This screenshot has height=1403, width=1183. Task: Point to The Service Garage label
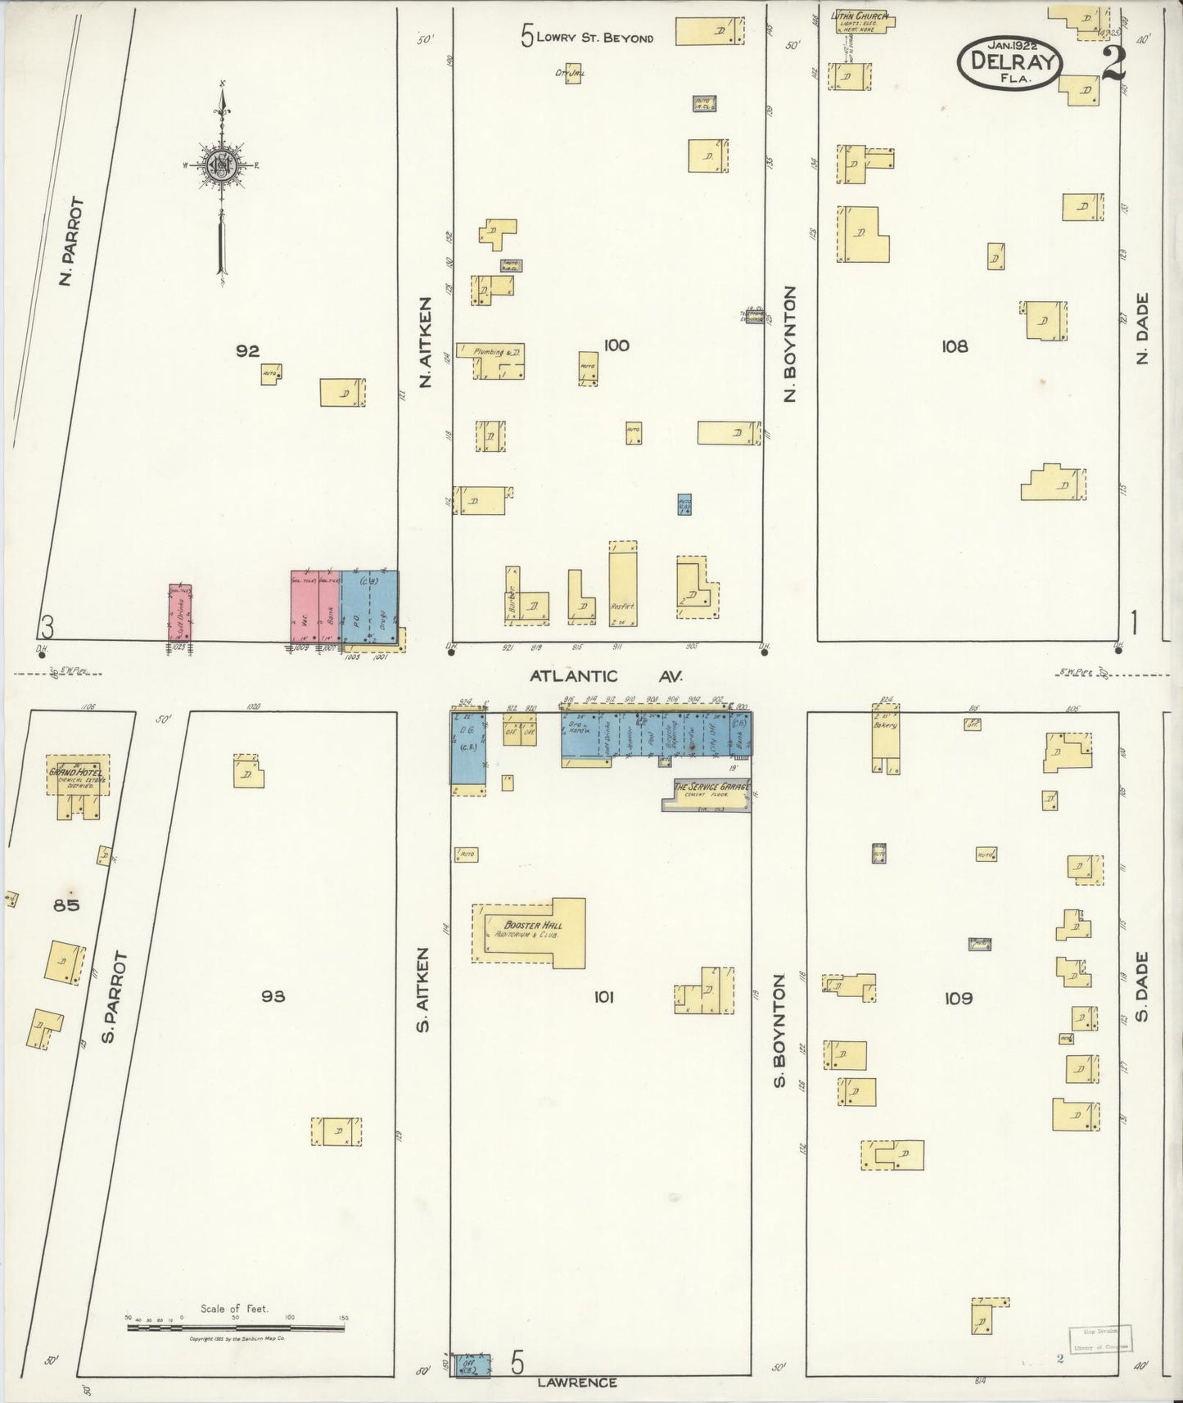tap(711, 787)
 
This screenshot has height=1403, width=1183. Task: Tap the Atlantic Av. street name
tap(606, 676)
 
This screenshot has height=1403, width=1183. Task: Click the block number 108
tap(954, 346)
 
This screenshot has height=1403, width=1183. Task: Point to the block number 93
tap(273, 996)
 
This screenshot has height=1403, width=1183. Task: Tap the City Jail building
tap(572, 74)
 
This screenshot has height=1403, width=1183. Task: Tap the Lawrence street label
tap(577, 1383)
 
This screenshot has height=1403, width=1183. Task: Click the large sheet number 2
tap(1113, 63)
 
